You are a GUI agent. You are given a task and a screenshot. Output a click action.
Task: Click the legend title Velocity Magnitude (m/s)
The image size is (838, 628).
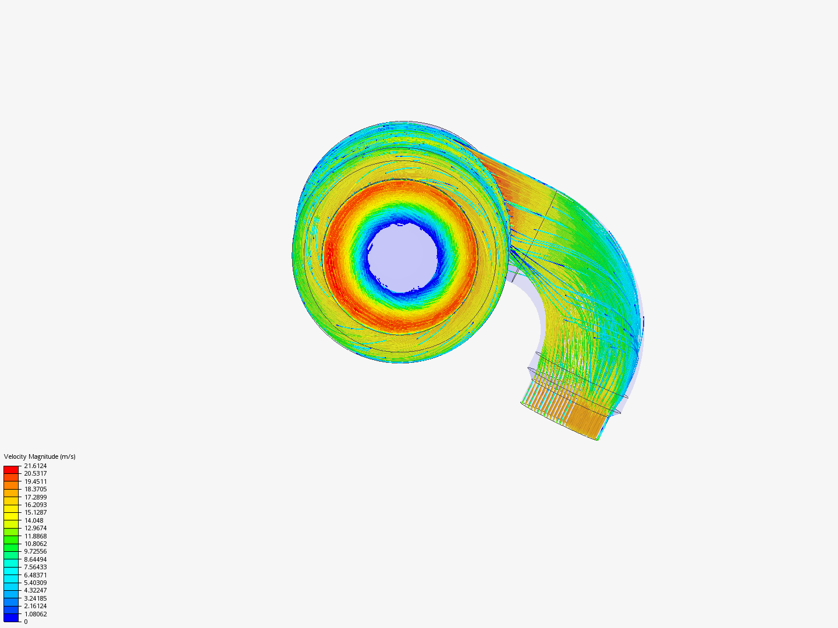click(x=40, y=456)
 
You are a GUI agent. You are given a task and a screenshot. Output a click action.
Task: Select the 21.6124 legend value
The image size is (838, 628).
click(x=35, y=466)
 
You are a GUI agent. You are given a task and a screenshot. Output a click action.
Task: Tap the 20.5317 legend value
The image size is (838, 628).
click(x=35, y=473)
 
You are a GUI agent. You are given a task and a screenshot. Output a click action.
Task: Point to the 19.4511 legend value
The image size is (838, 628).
click(x=35, y=481)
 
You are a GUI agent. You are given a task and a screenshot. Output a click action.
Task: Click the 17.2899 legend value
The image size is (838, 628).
click(x=35, y=497)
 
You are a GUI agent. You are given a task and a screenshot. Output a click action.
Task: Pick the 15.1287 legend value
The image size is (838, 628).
click(x=35, y=512)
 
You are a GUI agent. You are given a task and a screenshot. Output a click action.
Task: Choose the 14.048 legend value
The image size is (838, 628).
click(x=34, y=520)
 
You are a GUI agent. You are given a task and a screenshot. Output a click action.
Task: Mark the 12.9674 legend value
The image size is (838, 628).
click(x=35, y=528)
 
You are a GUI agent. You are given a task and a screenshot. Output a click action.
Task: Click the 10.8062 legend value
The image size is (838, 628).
click(x=35, y=544)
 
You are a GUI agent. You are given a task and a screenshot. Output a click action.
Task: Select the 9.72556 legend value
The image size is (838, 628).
click(x=35, y=551)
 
